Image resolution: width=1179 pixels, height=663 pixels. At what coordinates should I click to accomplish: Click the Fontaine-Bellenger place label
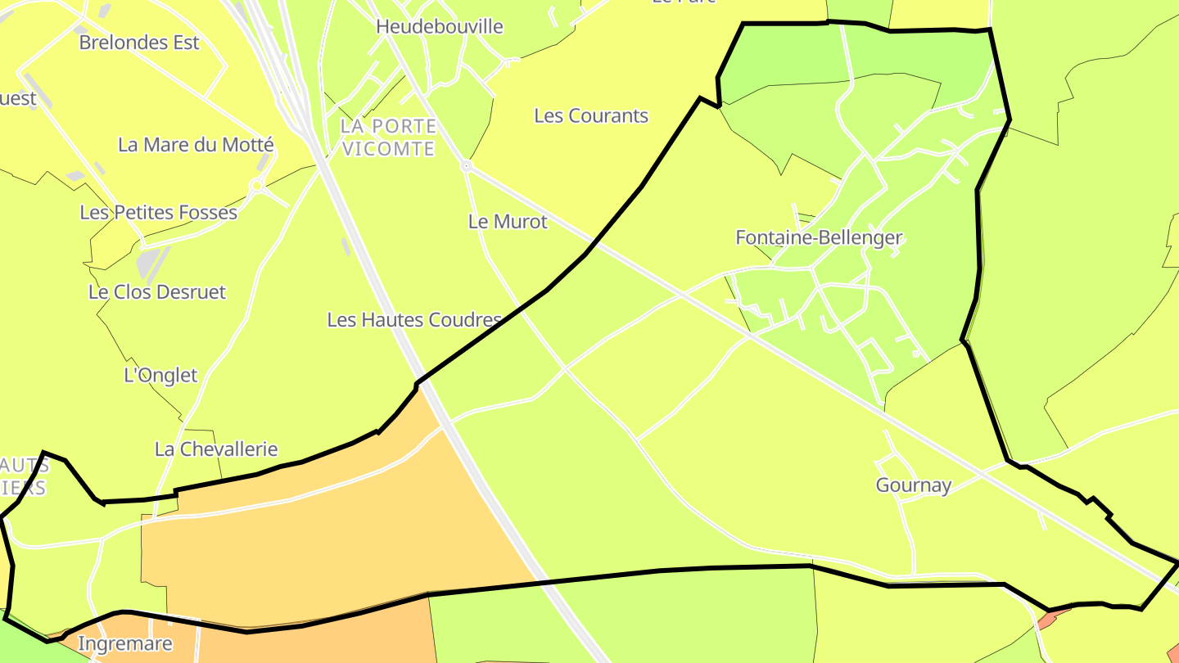(819, 238)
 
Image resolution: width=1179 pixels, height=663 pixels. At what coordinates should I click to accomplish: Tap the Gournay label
(914, 485)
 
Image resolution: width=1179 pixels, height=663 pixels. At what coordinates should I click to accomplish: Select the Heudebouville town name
(440, 26)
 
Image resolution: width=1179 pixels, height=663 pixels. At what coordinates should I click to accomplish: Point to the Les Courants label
(591, 116)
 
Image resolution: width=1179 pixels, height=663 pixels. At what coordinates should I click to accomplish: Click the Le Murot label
(508, 222)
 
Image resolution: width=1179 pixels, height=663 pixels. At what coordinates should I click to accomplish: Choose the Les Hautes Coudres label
(414, 320)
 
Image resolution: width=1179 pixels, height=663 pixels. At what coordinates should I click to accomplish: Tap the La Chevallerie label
(216, 449)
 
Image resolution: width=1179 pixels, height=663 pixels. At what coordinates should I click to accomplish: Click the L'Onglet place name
(160, 376)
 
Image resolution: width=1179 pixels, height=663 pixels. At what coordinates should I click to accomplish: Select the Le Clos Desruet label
(157, 292)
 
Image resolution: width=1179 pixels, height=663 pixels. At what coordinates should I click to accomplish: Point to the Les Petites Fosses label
(158, 213)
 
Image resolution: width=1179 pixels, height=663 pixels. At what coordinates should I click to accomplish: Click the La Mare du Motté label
(196, 145)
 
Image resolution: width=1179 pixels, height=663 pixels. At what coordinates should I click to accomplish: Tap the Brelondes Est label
(139, 43)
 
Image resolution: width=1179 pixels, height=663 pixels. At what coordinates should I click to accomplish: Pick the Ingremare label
(125, 644)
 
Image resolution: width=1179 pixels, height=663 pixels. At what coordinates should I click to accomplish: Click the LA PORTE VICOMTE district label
(389, 138)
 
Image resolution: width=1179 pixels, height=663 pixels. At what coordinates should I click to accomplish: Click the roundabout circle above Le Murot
(467, 166)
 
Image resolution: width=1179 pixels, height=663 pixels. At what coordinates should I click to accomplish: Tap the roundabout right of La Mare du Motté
(256, 186)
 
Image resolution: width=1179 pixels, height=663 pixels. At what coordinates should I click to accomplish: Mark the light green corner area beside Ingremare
(16, 643)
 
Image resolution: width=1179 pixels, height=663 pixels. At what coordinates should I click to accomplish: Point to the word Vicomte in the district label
(389, 149)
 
